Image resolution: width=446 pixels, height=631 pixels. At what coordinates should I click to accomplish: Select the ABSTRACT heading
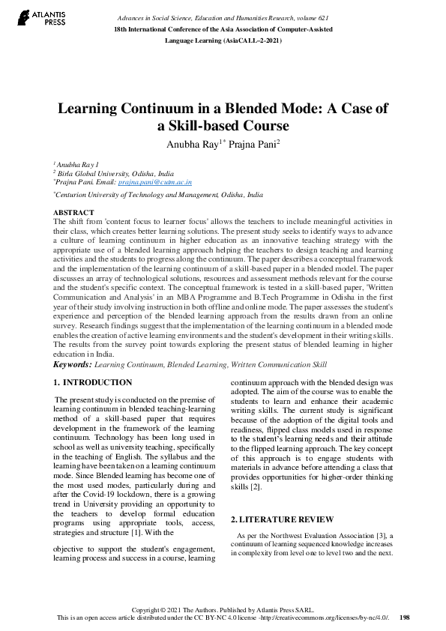click(73, 213)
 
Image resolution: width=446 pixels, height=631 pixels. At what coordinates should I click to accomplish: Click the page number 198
click(405, 618)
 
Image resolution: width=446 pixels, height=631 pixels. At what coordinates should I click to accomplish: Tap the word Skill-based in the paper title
click(207, 126)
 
